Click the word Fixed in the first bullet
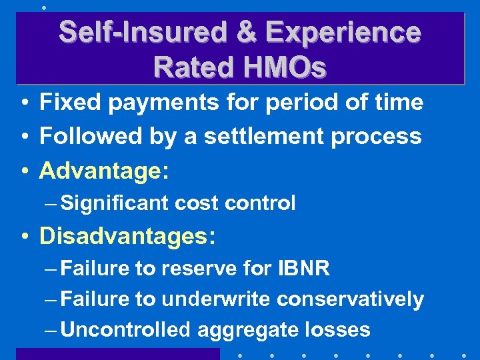tap(63, 102)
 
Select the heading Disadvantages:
tap(128, 235)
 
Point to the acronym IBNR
tap(302, 269)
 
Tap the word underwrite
tap(215, 299)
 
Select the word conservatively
tap(351, 299)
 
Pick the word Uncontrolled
tap(126, 330)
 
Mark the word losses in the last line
tap(338, 330)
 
